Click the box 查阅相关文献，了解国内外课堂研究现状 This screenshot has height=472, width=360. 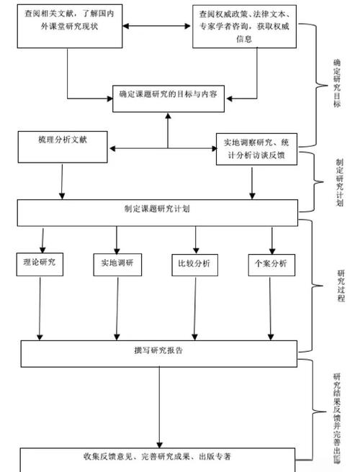point(68,26)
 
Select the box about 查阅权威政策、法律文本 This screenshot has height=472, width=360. point(244,27)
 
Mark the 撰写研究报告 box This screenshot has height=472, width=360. point(158,352)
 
